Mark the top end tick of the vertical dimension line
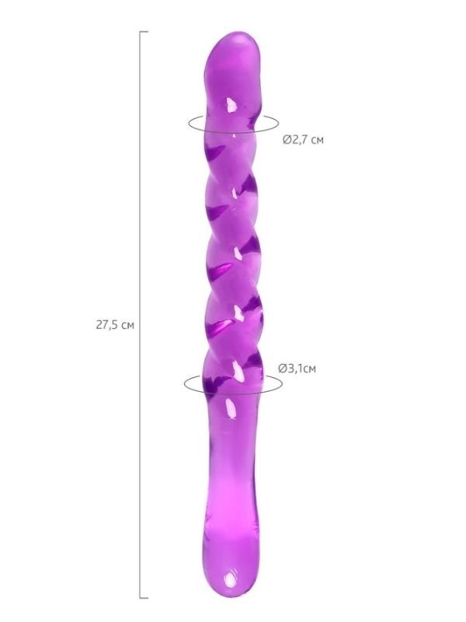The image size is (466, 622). tap(144, 32)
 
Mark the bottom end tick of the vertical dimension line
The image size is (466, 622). tap(144, 598)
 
